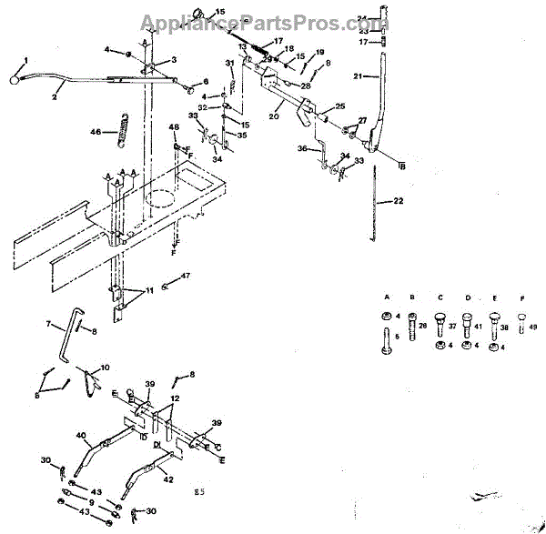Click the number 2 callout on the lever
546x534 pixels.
tap(54, 95)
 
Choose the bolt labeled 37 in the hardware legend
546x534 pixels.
tap(440, 323)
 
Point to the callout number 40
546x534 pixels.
tap(79, 436)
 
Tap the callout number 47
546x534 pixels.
tap(186, 274)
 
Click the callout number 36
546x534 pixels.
tap(302, 149)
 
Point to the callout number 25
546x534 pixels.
tap(340, 106)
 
